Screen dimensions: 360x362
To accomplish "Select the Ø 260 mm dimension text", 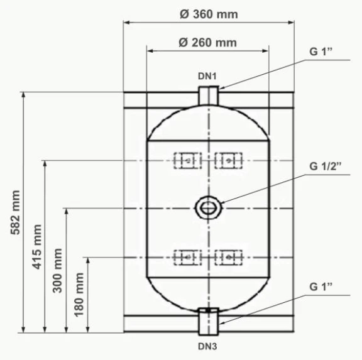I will pyautogui.click(x=207, y=42).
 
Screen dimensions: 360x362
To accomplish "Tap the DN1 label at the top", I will pyautogui.click(x=207, y=76).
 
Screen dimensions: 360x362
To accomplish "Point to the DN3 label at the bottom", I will pyautogui.click(x=208, y=346).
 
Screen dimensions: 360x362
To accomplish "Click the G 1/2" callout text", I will pyautogui.click(x=324, y=166).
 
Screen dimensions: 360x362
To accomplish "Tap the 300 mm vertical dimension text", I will pyautogui.click(x=58, y=269).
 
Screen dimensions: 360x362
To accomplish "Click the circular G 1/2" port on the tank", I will pyautogui.click(x=207, y=207).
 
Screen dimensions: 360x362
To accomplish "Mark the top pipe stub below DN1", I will pyautogui.click(x=208, y=97).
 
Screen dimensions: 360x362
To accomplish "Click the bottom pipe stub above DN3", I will pyautogui.click(x=208, y=322).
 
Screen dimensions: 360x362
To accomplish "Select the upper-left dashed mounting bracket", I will pyautogui.click(x=187, y=161).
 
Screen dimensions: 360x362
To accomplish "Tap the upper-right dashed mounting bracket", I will pyautogui.click(x=229, y=161).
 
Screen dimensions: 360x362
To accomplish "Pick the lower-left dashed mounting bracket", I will pyautogui.click(x=187, y=257).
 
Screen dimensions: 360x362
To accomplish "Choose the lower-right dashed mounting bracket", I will pyautogui.click(x=229, y=257).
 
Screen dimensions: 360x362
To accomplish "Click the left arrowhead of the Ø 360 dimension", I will pyautogui.click(x=126, y=23).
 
